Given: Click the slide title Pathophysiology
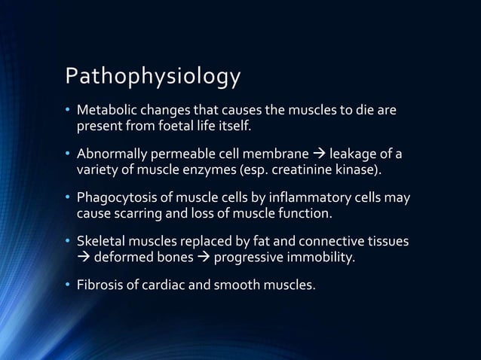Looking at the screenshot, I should [x=153, y=78].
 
